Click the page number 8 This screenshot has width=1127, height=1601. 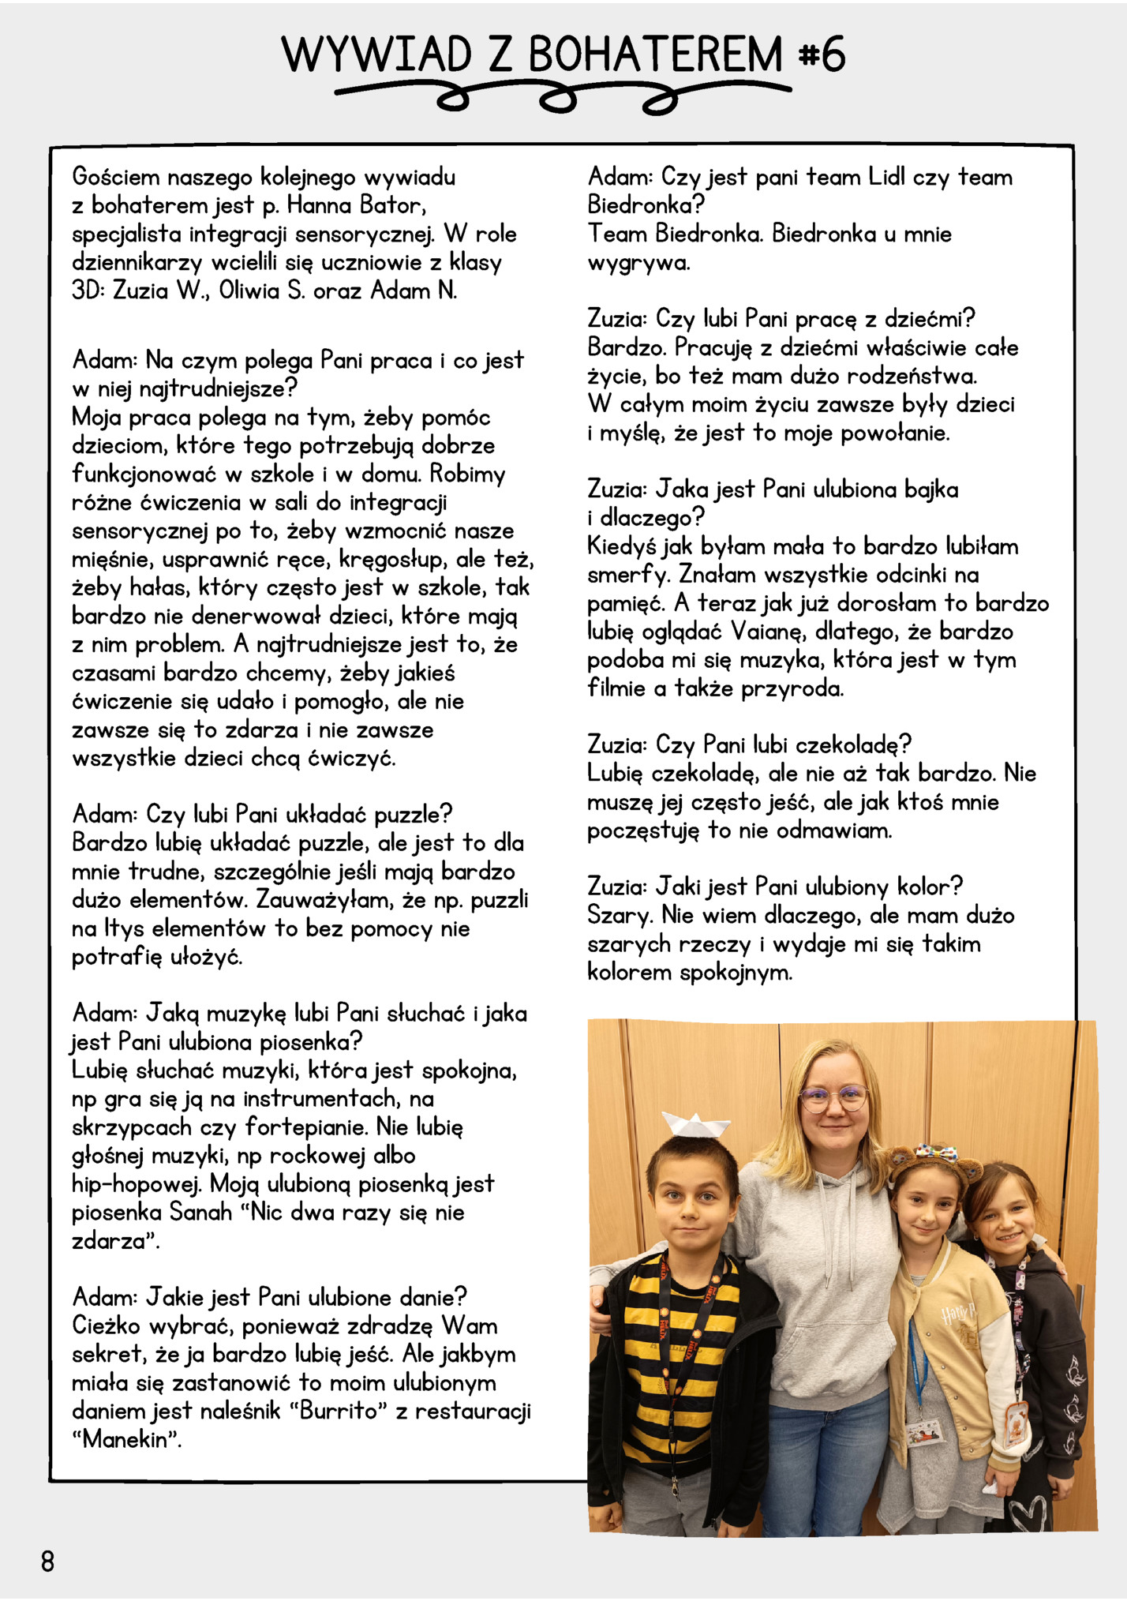47,1561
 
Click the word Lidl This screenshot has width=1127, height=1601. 886,177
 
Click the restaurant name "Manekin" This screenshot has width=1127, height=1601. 126,1439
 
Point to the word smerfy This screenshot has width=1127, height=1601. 628,575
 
